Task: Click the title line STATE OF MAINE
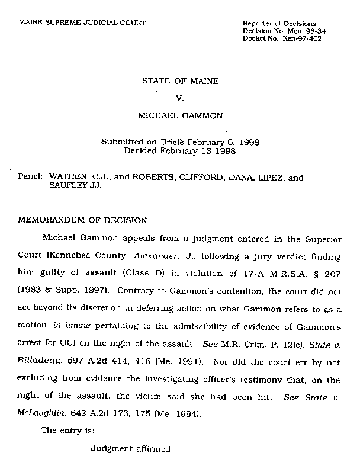tap(180, 81)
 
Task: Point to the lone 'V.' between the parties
tap(181, 98)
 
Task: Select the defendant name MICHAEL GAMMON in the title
tap(180, 116)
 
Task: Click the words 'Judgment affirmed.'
tap(132, 448)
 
